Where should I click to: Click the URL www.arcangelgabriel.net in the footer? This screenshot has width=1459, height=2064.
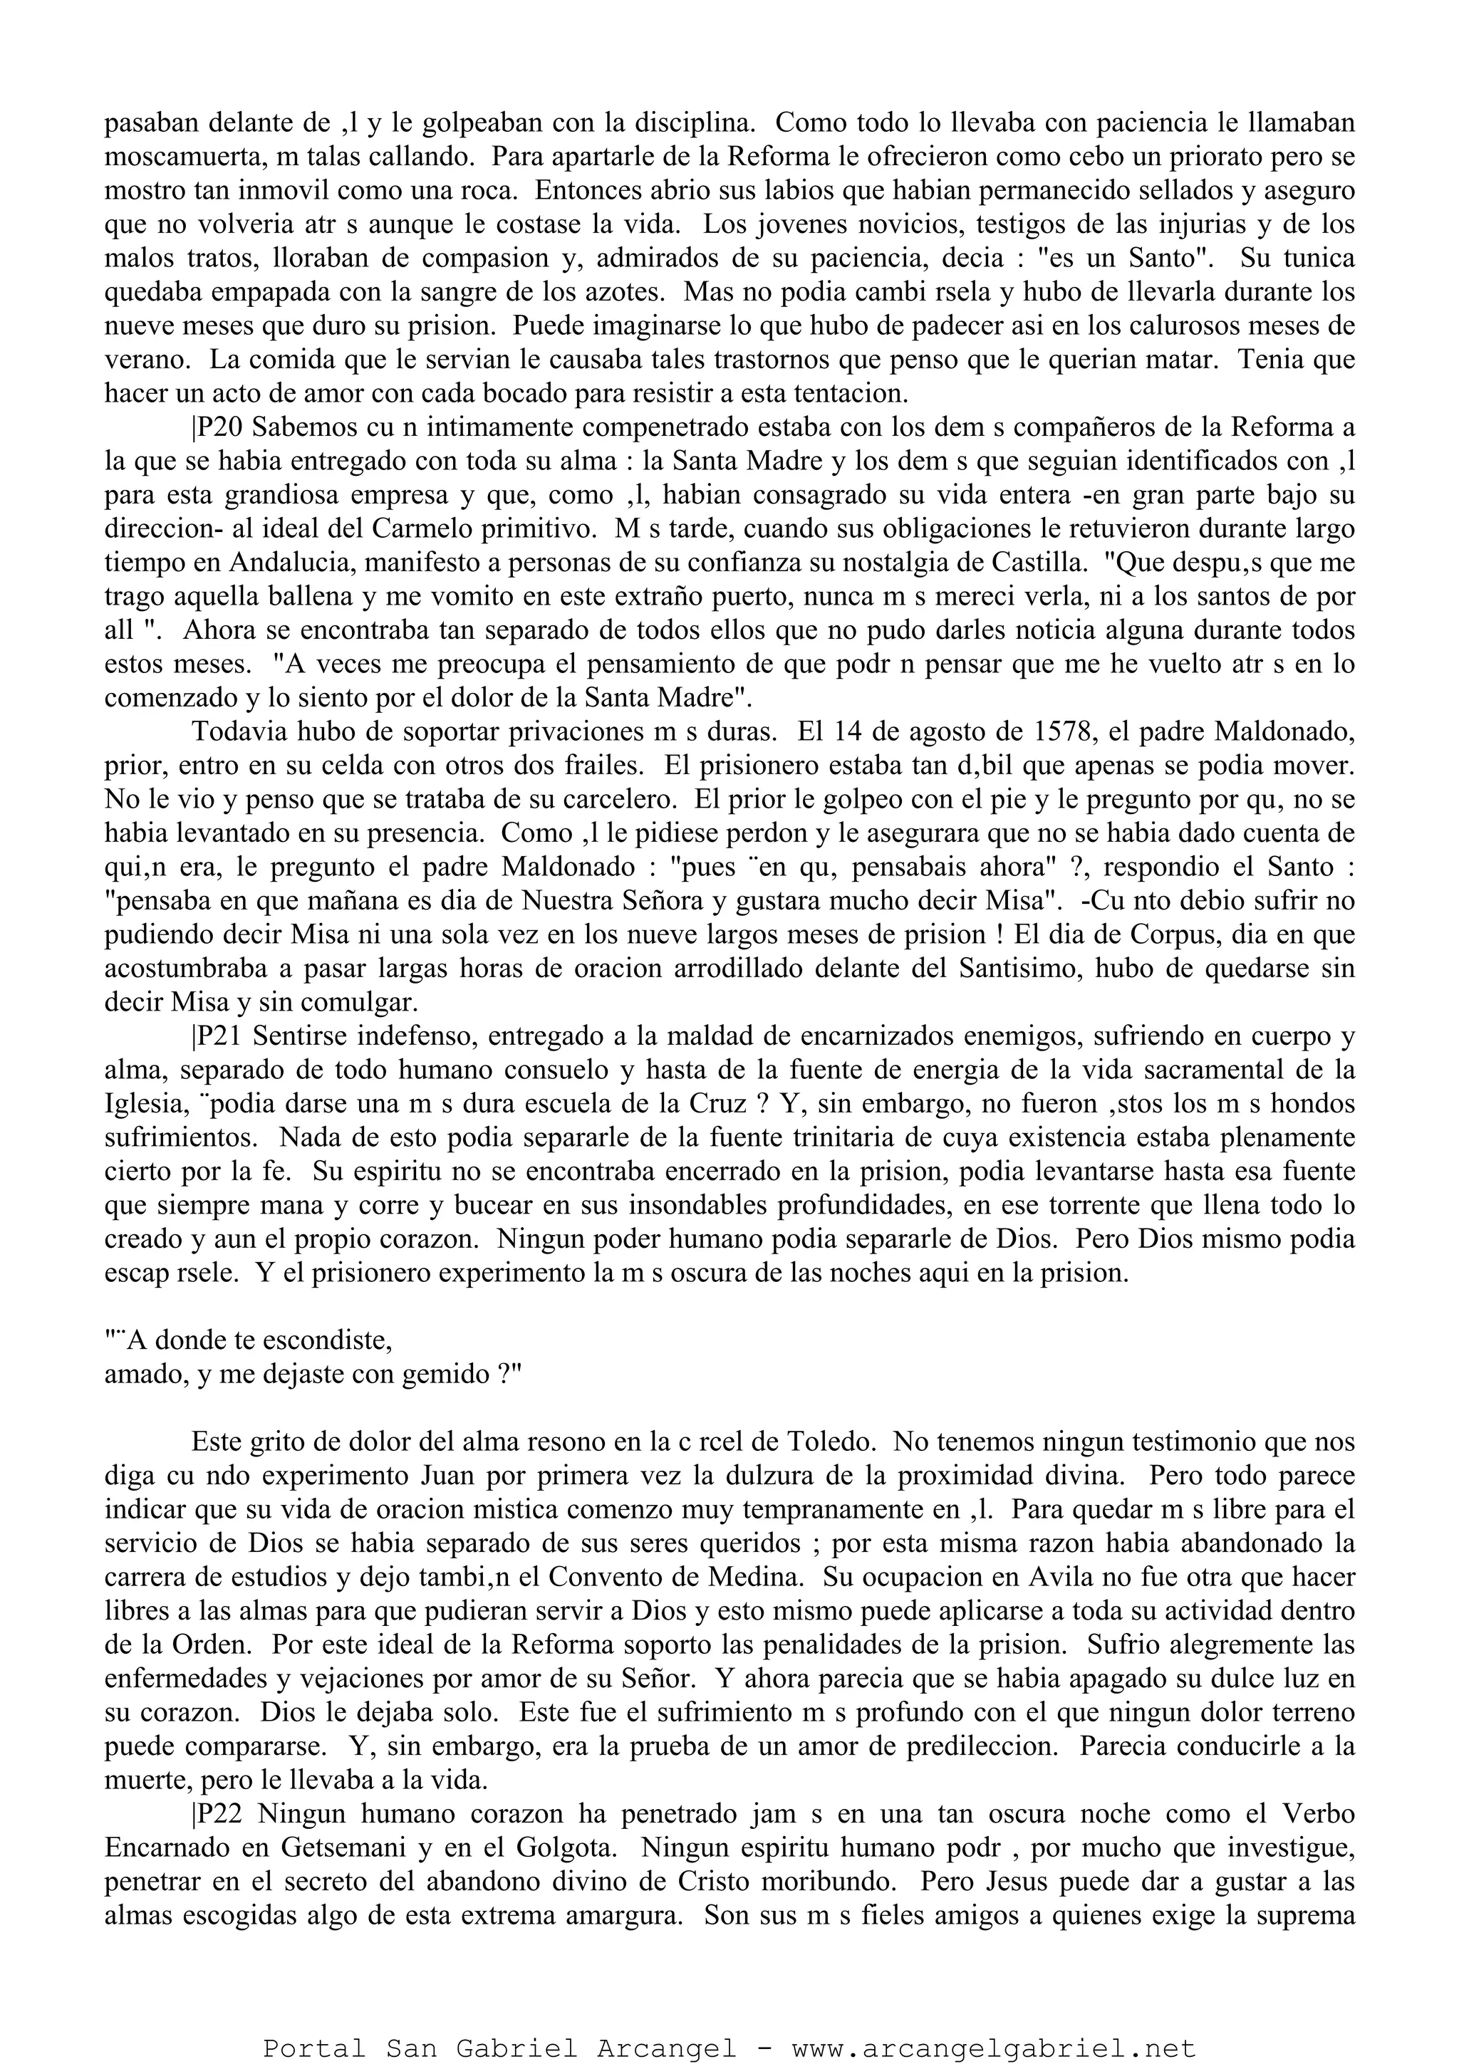pos(993,2041)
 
